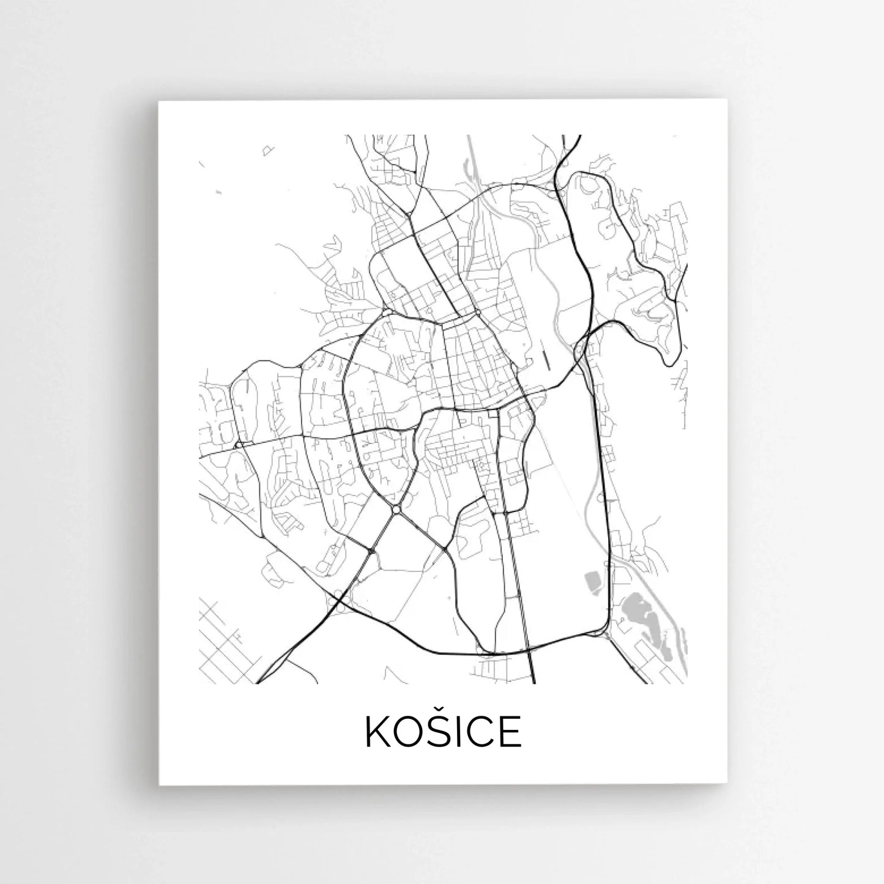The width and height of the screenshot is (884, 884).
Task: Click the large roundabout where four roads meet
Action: (396, 510)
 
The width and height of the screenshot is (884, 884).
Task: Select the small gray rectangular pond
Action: (592, 581)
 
